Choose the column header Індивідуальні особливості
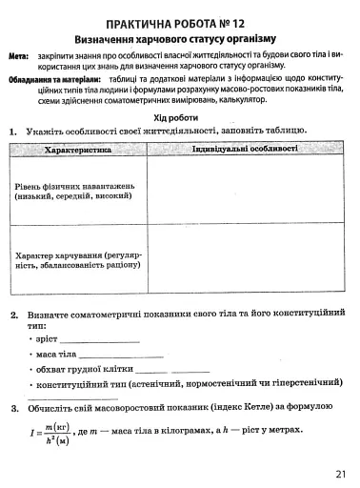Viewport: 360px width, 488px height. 244,150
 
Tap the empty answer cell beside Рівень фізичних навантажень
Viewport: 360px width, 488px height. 244,189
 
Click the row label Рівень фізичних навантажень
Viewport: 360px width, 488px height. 76,189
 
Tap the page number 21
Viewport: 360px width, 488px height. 340,474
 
